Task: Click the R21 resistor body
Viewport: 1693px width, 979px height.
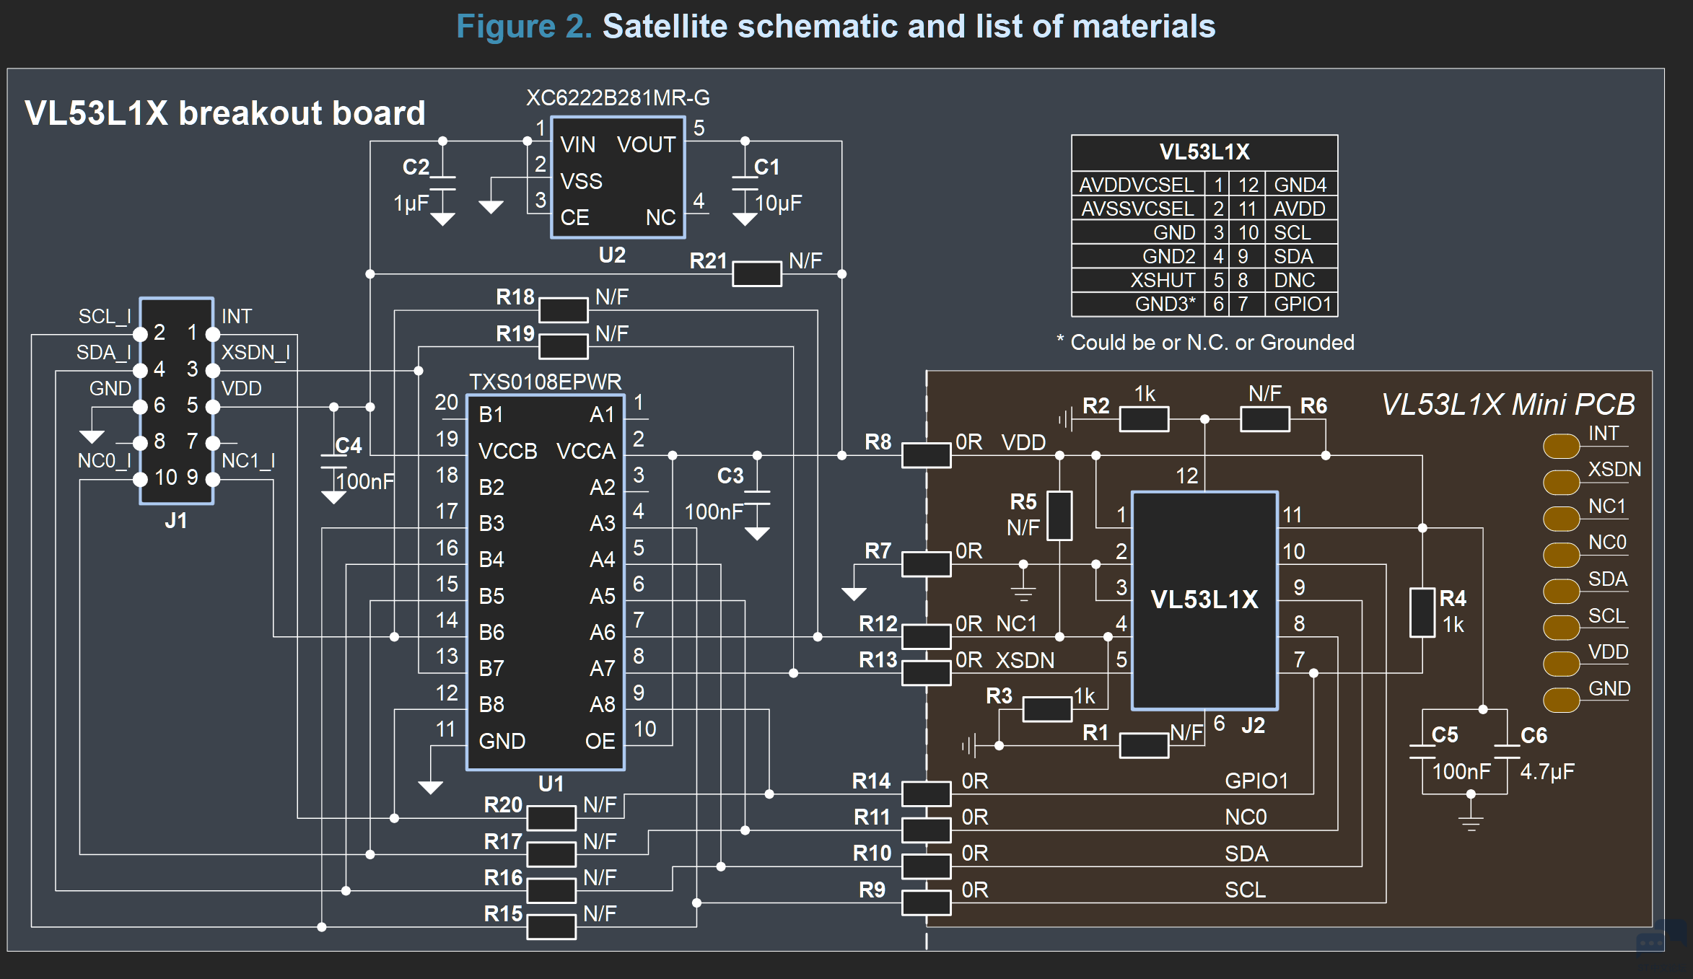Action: point(757,273)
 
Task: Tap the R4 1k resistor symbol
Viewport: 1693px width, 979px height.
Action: point(1422,613)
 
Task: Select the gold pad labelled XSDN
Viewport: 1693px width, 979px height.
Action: point(1561,482)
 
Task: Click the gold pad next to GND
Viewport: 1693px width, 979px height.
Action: point(1561,700)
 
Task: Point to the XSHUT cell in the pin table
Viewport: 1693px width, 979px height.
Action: point(1163,280)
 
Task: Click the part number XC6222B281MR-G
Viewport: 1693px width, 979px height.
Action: point(618,97)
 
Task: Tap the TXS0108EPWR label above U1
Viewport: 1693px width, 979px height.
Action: point(545,382)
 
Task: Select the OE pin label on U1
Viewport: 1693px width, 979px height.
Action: point(600,741)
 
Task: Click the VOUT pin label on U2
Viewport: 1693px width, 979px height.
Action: point(646,145)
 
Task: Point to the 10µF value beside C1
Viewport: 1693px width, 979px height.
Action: point(779,203)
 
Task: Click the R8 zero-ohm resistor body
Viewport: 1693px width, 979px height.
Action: point(927,455)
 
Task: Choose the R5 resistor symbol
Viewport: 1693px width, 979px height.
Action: point(1059,516)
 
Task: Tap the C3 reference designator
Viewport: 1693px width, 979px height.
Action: point(730,476)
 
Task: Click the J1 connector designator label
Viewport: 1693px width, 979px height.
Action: point(176,521)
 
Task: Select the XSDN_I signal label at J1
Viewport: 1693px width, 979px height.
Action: point(255,352)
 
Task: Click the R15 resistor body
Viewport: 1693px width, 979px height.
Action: point(551,927)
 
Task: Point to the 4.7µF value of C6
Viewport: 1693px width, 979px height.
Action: point(1547,772)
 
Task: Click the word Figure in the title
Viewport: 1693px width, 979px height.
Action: point(506,27)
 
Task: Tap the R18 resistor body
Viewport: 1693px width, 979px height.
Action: point(564,310)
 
